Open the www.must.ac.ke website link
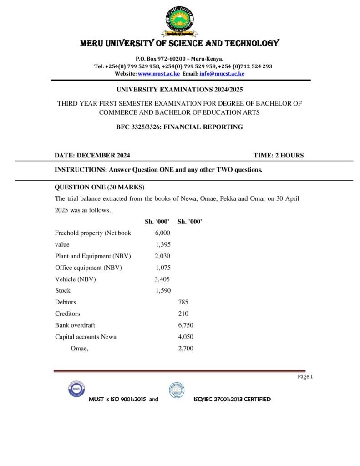click(159, 73)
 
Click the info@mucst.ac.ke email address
click(222, 73)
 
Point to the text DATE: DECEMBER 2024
click(92, 155)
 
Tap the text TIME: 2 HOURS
click(278, 155)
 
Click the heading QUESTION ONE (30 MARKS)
click(99, 187)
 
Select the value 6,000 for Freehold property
click(162, 233)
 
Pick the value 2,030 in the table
click(162, 256)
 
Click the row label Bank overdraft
click(75, 325)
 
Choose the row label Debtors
click(66, 302)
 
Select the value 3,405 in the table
click(162, 279)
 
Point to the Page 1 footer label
click(305, 376)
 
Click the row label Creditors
click(67, 314)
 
